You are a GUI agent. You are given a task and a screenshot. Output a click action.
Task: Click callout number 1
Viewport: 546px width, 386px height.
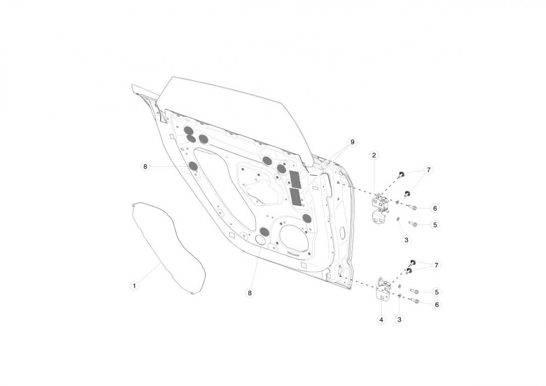pos(134,286)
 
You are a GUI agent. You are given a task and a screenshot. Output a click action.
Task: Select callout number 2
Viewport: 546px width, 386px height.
pos(374,155)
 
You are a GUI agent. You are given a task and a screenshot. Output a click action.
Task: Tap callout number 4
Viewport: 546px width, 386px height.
pos(381,319)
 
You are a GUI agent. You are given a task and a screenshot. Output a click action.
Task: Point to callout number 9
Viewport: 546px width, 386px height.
pos(352,142)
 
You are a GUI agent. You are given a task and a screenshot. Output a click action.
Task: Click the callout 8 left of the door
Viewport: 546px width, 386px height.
pos(145,166)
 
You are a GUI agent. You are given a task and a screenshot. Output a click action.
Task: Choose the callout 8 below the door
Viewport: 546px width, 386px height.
pos(249,293)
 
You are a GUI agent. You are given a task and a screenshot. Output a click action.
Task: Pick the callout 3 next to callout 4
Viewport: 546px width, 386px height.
pos(399,319)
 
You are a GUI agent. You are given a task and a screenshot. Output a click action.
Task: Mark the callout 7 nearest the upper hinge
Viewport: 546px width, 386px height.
pos(428,170)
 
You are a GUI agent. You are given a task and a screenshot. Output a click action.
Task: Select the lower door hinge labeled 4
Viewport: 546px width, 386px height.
pos(384,291)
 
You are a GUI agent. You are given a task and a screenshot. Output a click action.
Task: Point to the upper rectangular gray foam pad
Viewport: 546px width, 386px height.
pos(295,178)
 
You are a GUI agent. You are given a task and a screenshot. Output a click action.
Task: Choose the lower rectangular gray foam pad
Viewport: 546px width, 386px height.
pos(296,197)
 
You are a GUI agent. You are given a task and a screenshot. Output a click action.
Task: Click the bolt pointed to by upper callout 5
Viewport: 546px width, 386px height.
pos(413,224)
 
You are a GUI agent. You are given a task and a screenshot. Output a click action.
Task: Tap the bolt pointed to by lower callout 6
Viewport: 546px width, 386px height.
pos(415,301)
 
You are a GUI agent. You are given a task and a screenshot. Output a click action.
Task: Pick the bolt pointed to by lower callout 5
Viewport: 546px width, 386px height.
pos(415,291)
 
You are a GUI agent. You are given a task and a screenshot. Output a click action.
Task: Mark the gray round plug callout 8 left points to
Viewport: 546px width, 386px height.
pos(193,166)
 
